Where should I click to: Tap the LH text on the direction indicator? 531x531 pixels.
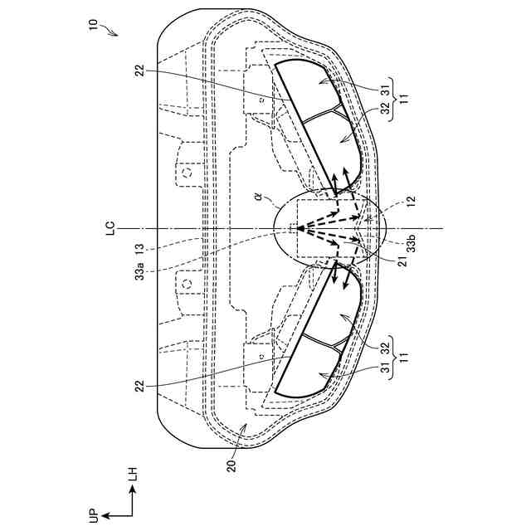point(132,475)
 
